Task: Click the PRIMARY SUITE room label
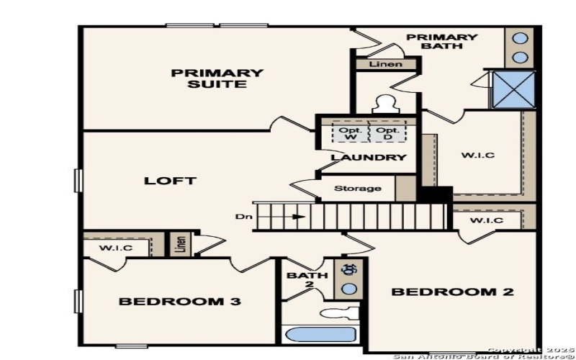click(217, 78)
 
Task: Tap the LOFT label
click(171, 181)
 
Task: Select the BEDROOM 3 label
click(179, 301)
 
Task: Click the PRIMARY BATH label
click(442, 42)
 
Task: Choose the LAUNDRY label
click(369, 158)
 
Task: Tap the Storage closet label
click(358, 189)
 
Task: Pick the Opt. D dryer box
click(387, 133)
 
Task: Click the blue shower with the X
click(513, 90)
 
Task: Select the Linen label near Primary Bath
click(385, 65)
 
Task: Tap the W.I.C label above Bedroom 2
click(487, 220)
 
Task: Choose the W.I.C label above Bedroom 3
click(116, 248)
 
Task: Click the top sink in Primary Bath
click(520, 38)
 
